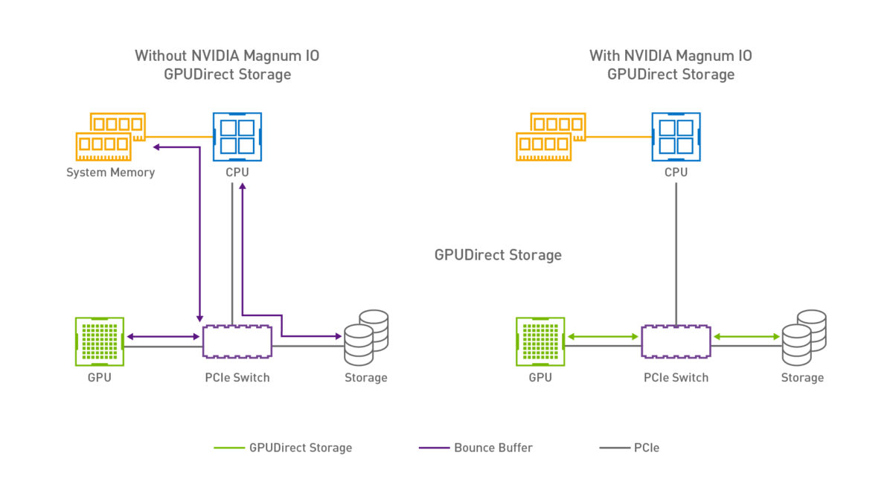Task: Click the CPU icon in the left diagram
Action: pyautogui.click(x=237, y=136)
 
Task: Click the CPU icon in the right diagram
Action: pyautogui.click(x=676, y=136)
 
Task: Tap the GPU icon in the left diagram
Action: pyautogui.click(x=99, y=341)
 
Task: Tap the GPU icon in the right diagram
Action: pyautogui.click(x=540, y=341)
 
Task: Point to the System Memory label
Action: pyautogui.click(x=110, y=173)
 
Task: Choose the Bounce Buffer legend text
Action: pyautogui.click(x=493, y=448)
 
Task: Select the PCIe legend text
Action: pyautogui.click(x=646, y=448)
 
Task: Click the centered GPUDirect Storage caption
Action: pyautogui.click(x=498, y=255)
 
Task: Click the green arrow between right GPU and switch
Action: pyautogui.click(x=603, y=337)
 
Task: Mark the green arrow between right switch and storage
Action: pyautogui.click(x=746, y=337)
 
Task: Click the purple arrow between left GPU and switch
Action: pyautogui.click(x=163, y=337)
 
